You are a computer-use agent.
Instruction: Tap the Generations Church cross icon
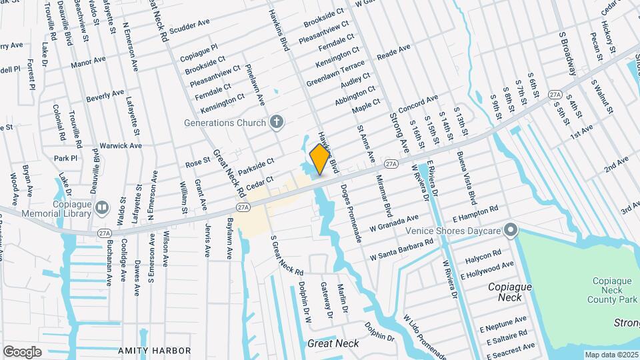click(277, 122)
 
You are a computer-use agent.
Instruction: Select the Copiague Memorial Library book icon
click(102, 207)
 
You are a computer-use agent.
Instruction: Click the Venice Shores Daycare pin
click(511, 231)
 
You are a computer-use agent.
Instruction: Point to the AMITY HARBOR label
click(154, 350)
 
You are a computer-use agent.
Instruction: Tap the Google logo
click(23, 351)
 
